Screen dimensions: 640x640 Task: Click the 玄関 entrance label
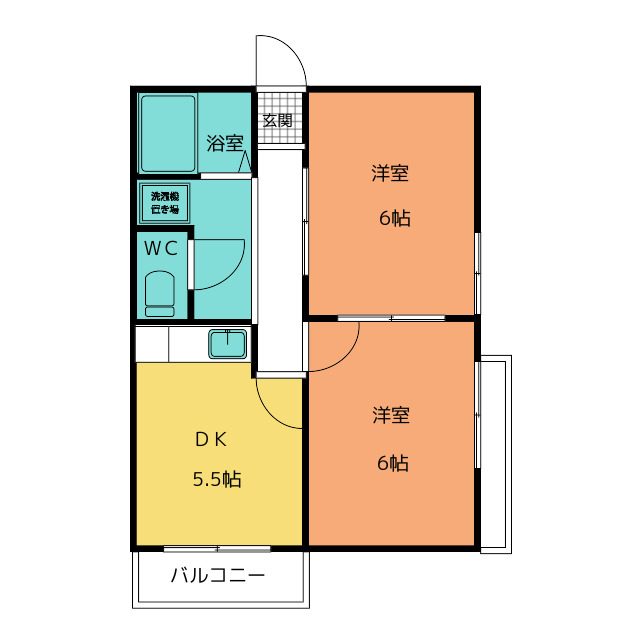tap(278, 121)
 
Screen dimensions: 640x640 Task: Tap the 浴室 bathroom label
tap(224, 143)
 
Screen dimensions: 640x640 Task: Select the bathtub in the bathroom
tap(168, 133)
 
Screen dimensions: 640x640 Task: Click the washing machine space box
tap(165, 203)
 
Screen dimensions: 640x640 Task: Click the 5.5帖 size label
tap(217, 479)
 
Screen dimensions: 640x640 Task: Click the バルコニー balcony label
tap(217, 576)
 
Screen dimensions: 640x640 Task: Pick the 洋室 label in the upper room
tap(390, 174)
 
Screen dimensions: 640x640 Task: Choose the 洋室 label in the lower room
tap(390, 414)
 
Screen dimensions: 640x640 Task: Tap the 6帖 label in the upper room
tap(394, 220)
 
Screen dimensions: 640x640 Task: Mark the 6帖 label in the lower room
tap(392, 463)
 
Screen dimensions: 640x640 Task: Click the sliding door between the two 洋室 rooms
tap(391, 318)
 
